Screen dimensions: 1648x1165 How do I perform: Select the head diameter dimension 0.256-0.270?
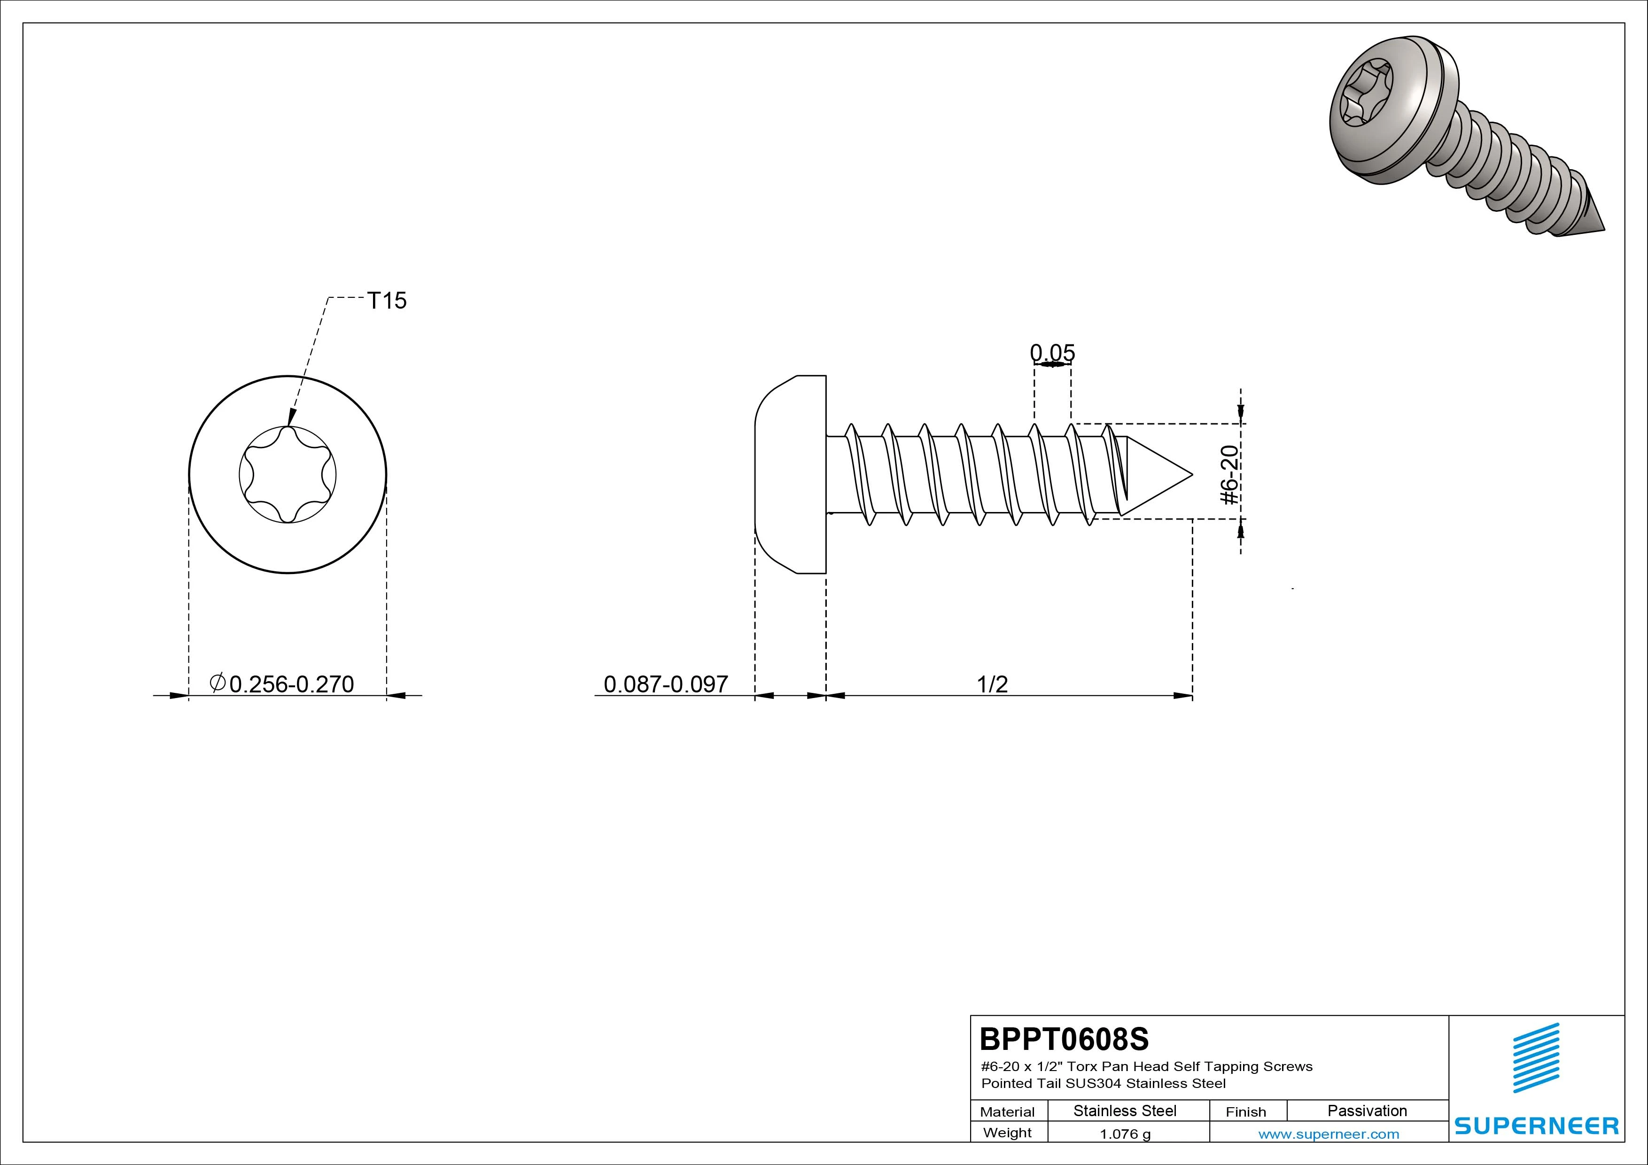(x=282, y=683)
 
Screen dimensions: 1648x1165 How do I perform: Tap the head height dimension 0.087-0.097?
(x=665, y=683)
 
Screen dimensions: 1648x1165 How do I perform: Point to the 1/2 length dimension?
(x=992, y=683)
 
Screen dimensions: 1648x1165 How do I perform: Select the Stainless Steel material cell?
(x=1125, y=1111)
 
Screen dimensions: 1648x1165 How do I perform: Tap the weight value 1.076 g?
(x=1125, y=1134)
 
